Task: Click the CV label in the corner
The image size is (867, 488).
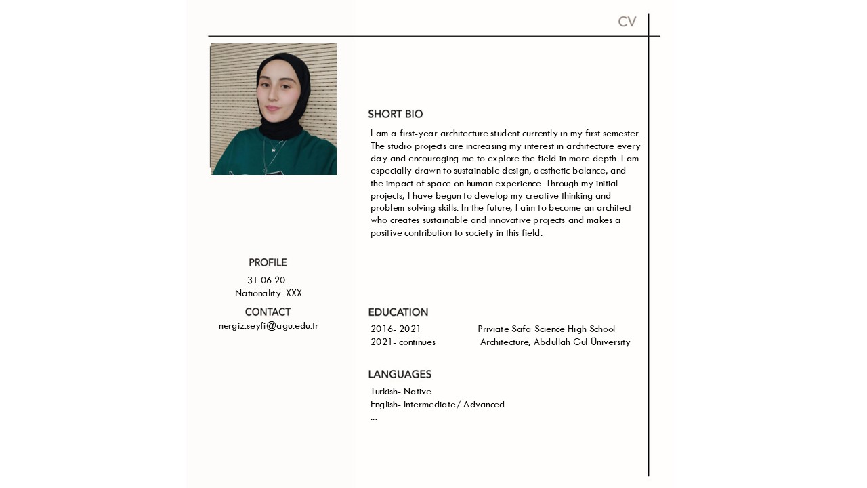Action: (x=627, y=22)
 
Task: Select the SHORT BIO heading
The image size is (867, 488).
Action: (x=395, y=115)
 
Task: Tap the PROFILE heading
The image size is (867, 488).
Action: (x=268, y=263)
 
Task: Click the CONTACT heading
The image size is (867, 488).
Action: (x=268, y=312)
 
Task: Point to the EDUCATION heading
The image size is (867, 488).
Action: (x=398, y=312)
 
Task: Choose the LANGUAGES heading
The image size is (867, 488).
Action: (x=400, y=375)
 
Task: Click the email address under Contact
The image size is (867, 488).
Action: (x=268, y=326)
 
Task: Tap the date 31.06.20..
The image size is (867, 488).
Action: (x=268, y=281)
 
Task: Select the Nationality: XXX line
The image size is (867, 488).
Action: (x=268, y=293)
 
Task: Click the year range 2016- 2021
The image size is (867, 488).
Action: (x=396, y=329)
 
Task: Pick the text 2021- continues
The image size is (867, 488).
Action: (x=403, y=342)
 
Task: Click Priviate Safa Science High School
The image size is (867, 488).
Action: (x=546, y=329)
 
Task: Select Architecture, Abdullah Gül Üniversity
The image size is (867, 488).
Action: (x=555, y=342)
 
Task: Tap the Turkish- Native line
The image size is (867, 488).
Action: (x=401, y=392)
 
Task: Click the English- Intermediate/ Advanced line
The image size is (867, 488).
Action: (x=438, y=405)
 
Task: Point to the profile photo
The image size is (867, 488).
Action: (x=273, y=109)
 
